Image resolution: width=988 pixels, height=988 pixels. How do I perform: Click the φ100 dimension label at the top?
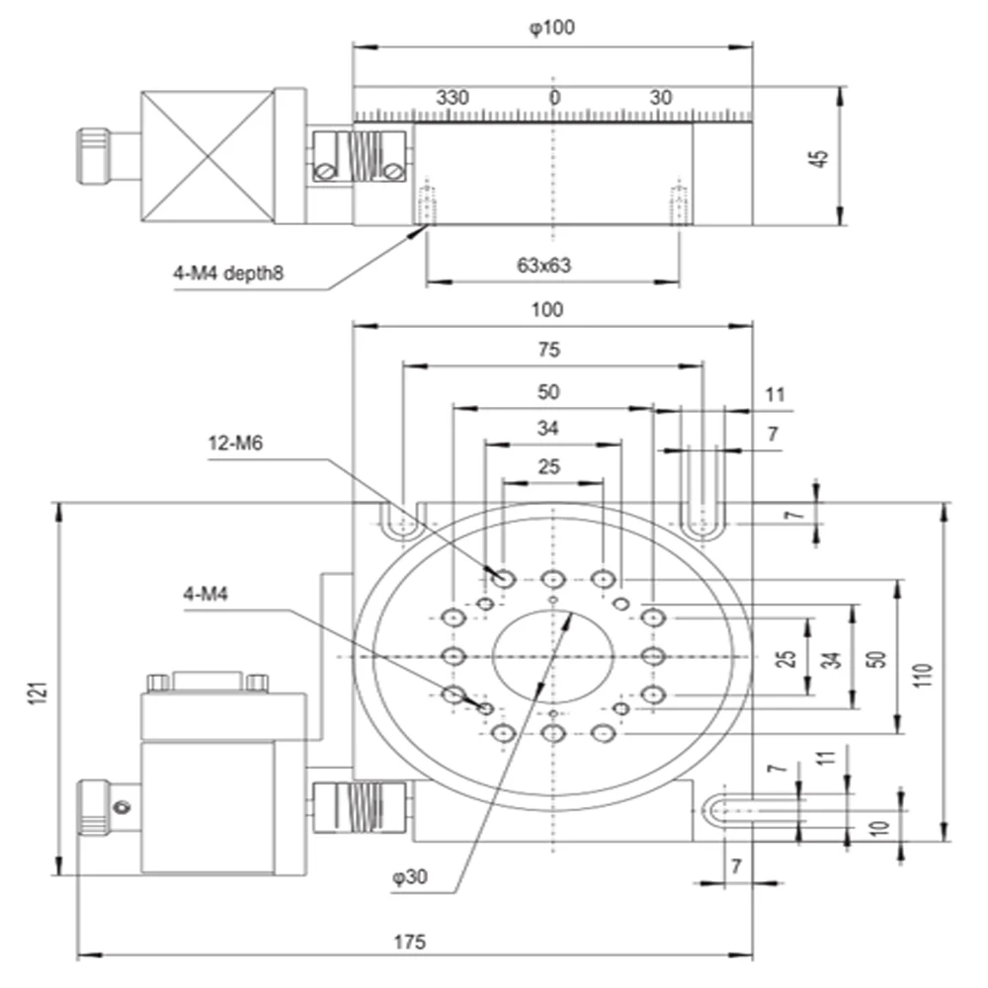[551, 28]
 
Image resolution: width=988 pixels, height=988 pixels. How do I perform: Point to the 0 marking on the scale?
[554, 98]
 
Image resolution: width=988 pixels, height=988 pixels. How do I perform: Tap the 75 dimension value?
[549, 349]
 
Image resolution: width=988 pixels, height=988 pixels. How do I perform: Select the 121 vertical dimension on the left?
[37, 691]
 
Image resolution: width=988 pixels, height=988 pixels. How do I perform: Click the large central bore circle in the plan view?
[553, 657]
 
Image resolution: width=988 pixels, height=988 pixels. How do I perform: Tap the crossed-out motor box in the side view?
[207, 158]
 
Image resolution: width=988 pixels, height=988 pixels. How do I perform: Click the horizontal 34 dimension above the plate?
[549, 429]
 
